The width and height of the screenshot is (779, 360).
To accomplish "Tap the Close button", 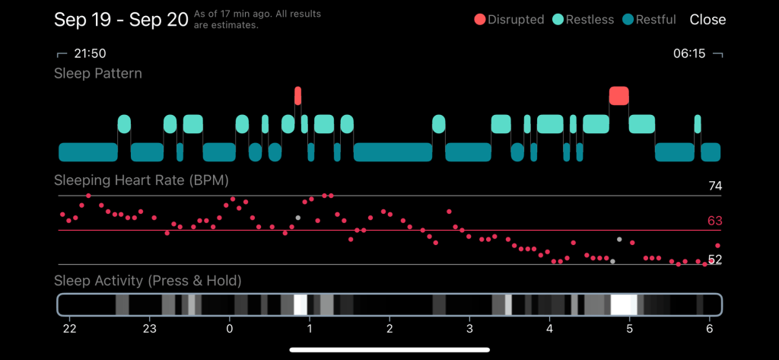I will [x=707, y=20].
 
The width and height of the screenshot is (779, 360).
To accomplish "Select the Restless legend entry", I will [x=583, y=20].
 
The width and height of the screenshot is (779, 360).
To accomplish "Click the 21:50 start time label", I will [x=88, y=53].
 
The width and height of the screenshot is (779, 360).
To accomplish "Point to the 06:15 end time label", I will [x=689, y=53].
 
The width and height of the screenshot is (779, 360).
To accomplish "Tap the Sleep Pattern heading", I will [x=98, y=73].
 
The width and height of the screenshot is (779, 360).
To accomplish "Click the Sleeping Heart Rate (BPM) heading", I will [x=141, y=180].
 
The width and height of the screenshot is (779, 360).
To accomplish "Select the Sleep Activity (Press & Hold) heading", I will [x=148, y=281].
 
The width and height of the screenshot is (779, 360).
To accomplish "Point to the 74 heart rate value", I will [x=714, y=186].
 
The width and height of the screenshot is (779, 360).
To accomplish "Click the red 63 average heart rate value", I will [x=714, y=221].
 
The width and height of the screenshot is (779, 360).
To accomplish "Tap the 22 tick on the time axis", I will [x=69, y=330].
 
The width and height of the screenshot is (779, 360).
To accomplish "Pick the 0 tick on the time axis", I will [x=230, y=330].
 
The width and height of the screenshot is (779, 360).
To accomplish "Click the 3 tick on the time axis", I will [x=469, y=330].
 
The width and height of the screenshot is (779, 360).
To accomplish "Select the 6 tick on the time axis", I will [x=710, y=330].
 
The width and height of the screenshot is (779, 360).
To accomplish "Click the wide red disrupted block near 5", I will [x=619, y=95].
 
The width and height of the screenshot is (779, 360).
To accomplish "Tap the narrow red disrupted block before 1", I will [x=298, y=95].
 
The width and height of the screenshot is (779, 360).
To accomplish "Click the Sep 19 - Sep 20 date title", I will [x=121, y=20].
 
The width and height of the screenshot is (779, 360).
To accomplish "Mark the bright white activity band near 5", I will [x=624, y=305].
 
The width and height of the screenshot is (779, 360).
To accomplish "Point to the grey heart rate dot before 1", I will [x=298, y=218].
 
